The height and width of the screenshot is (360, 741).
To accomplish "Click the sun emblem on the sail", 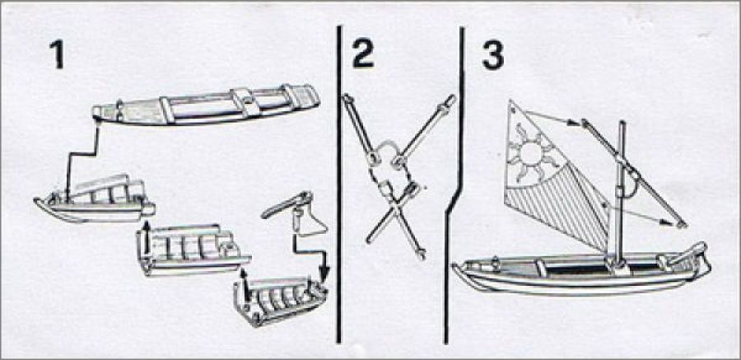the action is pyautogui.click(x=530, y=152).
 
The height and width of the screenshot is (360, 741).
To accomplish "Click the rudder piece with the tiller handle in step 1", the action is pyautogui.click(x=296, y=214).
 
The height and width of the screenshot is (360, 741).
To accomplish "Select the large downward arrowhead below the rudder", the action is pyautogui.click(x=324, y=274).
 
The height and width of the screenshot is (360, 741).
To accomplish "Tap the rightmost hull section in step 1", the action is pyautogui.click(x=280, y=302).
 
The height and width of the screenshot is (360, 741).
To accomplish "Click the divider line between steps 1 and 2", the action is pyautogui.click(x=338, y=185).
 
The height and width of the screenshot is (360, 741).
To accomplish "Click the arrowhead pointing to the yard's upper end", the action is pyautogui.click(x=574, y=123).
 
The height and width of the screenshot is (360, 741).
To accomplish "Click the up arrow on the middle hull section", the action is pyautogui.click(x=146, y=231).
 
